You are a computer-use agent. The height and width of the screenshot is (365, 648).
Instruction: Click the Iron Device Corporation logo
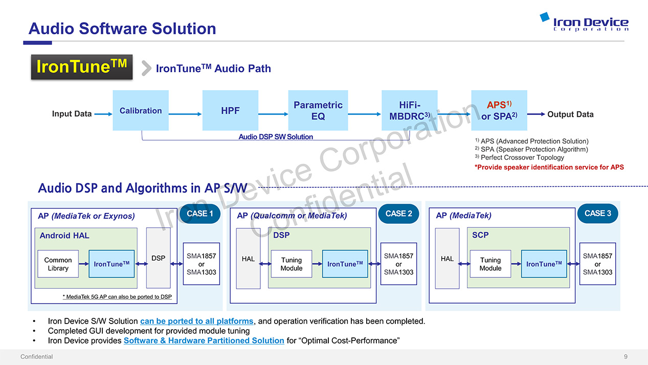(584, 22)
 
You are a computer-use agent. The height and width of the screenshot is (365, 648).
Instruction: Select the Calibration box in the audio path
(141, 111)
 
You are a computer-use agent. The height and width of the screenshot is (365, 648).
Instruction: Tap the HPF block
(230, 111)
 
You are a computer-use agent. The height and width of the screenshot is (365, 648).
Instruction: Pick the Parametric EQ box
(318, 111)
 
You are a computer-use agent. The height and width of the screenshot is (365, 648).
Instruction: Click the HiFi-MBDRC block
(409, 111)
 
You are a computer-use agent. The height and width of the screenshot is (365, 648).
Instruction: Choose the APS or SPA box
(499, 111)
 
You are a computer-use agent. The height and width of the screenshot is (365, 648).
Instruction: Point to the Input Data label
(72, 114)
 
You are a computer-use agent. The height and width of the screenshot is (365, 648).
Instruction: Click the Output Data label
(570, 114)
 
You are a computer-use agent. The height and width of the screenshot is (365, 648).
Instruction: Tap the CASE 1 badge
(200, 213)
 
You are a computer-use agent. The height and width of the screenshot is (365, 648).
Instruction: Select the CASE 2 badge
(398, 213)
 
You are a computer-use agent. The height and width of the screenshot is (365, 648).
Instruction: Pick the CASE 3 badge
(597, 213)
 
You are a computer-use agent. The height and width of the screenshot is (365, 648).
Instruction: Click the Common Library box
(58, 264)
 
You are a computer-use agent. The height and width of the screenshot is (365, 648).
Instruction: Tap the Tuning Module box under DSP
(292, 264)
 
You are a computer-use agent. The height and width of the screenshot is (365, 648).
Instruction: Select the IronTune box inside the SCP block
(544, 264)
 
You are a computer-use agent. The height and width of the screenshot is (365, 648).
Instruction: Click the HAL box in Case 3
(447, 259)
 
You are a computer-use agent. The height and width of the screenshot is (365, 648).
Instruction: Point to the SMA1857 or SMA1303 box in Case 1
(202, 264)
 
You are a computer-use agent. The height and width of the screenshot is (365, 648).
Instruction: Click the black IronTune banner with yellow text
(82, 67)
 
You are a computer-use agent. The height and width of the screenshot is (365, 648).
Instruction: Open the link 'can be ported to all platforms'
(196, 321)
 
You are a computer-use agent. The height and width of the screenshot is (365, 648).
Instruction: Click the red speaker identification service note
(549, 167)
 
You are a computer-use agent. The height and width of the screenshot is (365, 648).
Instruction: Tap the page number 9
(625, 357)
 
